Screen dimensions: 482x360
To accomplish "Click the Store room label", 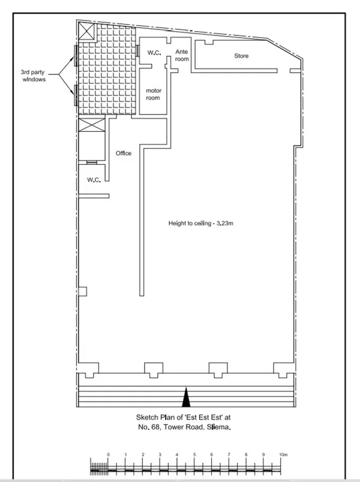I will tap(241, 56).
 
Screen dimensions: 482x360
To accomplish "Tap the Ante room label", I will tap(182, 56).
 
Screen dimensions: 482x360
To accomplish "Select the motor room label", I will tap(154, 94).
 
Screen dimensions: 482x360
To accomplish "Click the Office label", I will tap(124, 153).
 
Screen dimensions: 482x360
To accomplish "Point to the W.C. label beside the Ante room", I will tap(154, 53).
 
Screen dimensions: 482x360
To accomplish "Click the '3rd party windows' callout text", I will tap(34, 75).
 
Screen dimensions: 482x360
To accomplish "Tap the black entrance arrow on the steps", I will tap(186, 397).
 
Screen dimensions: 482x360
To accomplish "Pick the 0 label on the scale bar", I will tap(109, 455).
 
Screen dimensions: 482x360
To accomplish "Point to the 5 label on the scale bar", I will tap(194, 455).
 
